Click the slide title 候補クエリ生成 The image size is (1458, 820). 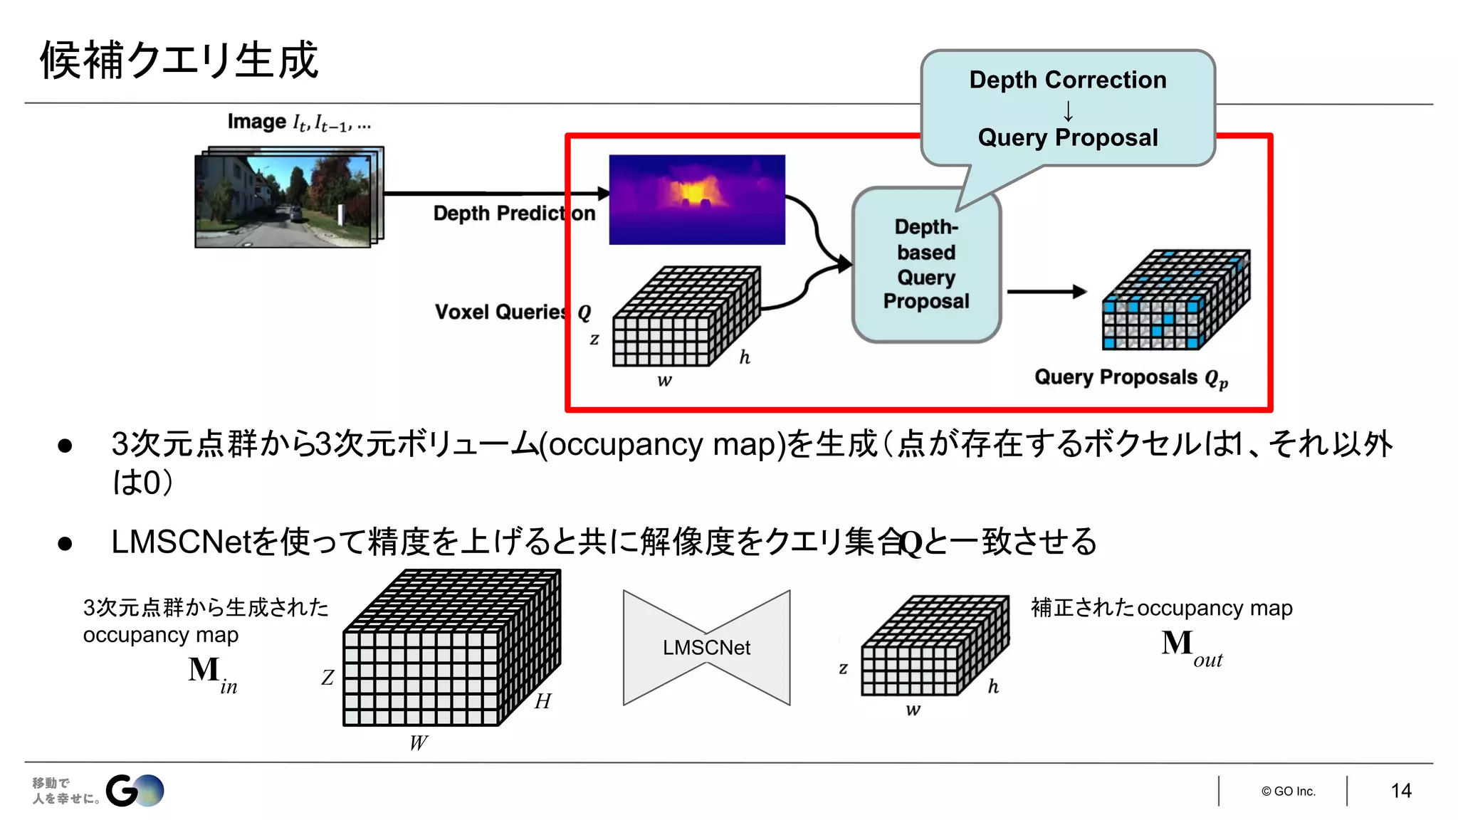[x=179, y=60]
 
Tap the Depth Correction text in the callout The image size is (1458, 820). [x=1067, y=80]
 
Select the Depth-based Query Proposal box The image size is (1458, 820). [x=926, y=265]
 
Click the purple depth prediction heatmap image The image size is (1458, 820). [x=697, y=199]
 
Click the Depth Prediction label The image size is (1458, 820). [x=514, y=213]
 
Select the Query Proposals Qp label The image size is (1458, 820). [x=1131, y=377]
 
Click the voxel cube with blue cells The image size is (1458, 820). [x=1175, y=300]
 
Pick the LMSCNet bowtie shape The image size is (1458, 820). [x=706, y=648]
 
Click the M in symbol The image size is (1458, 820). [x=211, y=673]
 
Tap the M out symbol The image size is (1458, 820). [x=1190, y=646]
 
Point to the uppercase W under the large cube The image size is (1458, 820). [x=419, y=742]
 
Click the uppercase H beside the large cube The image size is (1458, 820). [x=543, y=701]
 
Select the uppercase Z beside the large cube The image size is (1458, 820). [x=327, y=677]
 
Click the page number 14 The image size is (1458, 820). [x=1400, y=790]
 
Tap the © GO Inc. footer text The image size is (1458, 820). [x=1288, y=791]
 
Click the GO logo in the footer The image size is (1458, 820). [x=135, y=790]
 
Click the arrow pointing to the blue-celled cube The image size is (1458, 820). [x=1046, y=291]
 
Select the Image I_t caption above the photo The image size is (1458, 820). [x=299, y=122]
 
